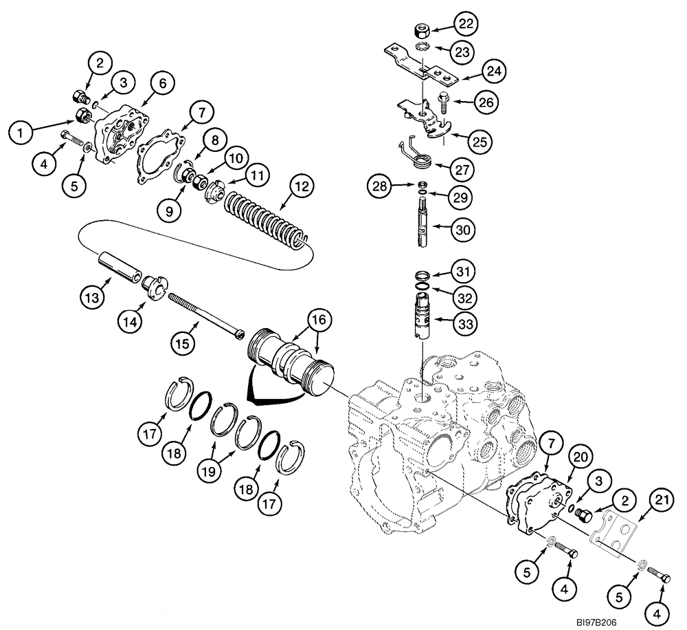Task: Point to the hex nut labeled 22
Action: point(422,31)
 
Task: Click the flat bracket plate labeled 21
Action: point(613,530)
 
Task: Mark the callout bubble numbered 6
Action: point(161,85)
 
